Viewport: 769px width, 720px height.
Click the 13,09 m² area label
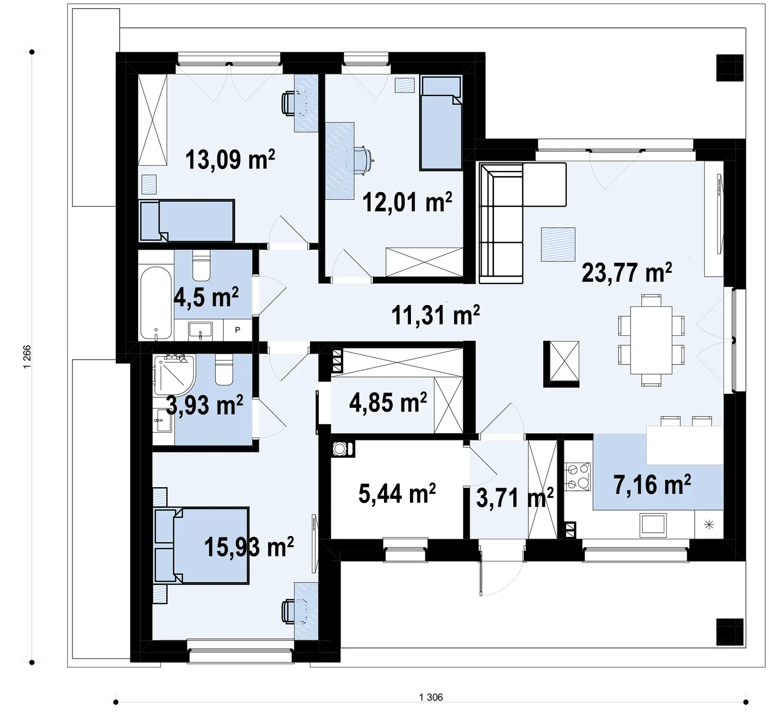[230, 159]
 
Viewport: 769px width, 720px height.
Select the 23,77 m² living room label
[627, 272]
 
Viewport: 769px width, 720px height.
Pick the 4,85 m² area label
[388, 403]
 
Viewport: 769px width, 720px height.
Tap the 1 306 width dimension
[431, 697]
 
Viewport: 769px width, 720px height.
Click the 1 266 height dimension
[27, 357]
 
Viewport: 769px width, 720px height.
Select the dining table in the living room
[651, 340]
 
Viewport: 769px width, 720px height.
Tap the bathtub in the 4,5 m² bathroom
[156, 303]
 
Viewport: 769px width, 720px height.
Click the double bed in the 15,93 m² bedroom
[202, 546]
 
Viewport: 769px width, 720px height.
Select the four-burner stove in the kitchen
[577, 476]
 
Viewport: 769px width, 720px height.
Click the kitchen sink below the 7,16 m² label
[653, 525]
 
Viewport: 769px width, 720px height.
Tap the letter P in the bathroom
[237, 330]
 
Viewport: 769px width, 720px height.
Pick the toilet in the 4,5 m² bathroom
[201, 265]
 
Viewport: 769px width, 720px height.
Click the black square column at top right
[730, 67]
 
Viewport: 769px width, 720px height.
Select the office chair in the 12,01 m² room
[363, 159]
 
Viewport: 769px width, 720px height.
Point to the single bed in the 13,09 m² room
[186, 221]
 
